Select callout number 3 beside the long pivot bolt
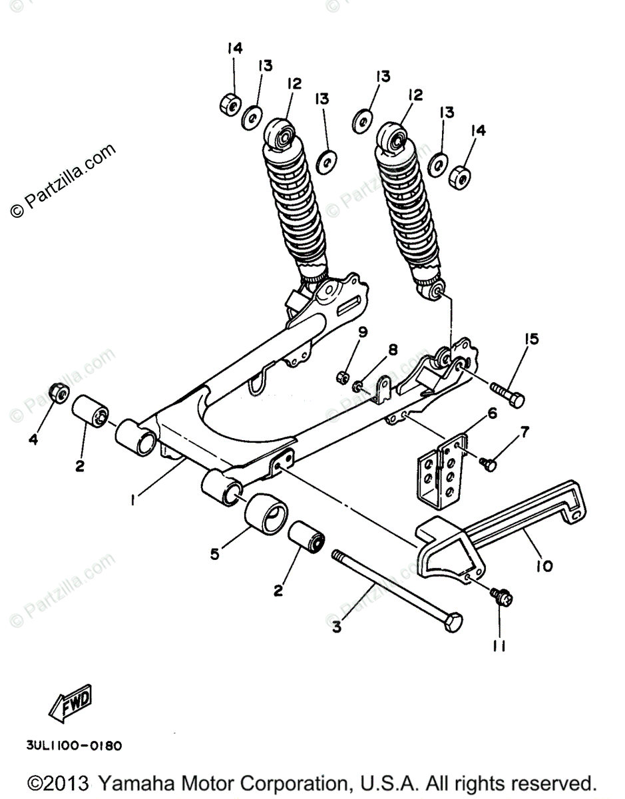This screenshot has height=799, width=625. click(x=337, y=626)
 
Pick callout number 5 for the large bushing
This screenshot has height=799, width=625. click(x=214, y=553)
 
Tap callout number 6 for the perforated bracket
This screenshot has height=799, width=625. click(x=493, y=413)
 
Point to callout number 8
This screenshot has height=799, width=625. click(x=393, y=350)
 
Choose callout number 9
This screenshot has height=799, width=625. click(x=363, y=332)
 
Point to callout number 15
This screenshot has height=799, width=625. click(x=530, y=340)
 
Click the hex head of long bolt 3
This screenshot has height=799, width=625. click(x=453, y=623)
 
